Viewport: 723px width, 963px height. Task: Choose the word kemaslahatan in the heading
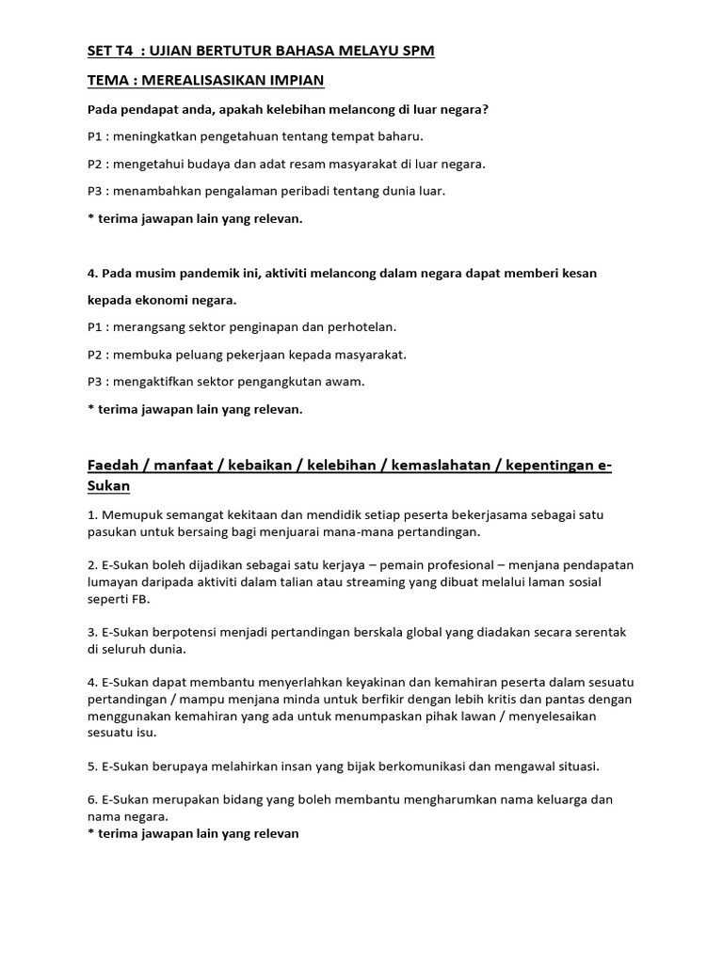pos(434,466)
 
